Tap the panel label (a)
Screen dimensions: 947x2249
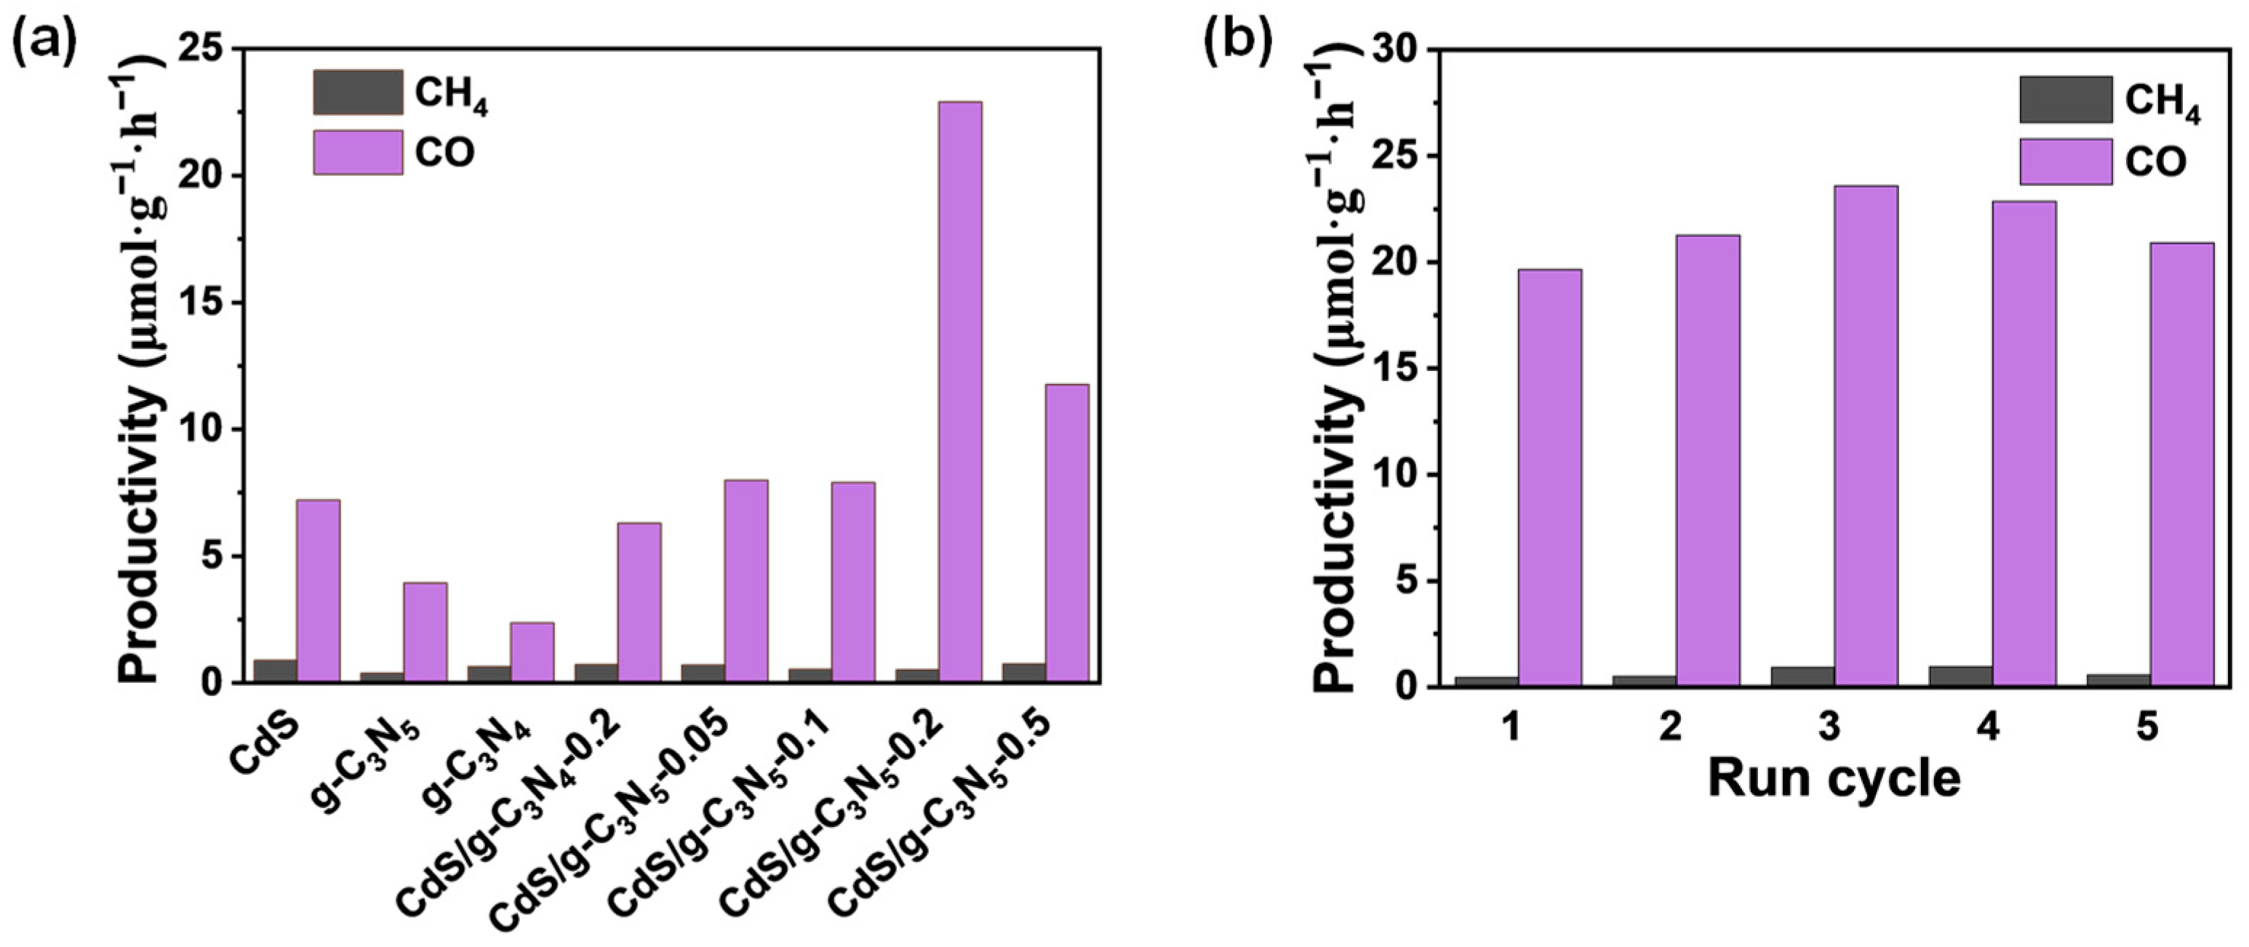pos(44,39)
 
